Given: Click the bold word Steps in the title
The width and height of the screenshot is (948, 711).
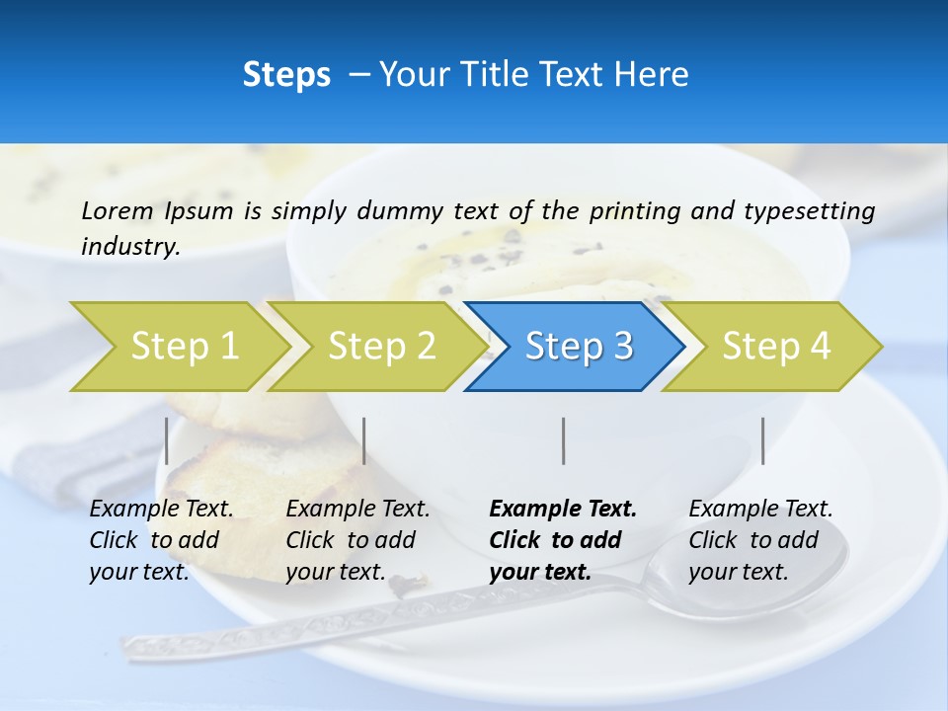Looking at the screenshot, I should pyautogui.click(x=286, y=75).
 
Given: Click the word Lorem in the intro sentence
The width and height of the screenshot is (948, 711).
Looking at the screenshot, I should pyautogui.click(x=118, y=210).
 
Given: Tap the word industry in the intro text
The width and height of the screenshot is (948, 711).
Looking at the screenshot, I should pyautogui.click(x=129, y=247).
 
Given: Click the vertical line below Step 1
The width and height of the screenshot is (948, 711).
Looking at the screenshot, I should pyautogui.click(x=167, y=440).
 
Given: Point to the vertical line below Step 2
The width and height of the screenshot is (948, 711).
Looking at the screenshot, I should pyautogui.click(x=364, y=440).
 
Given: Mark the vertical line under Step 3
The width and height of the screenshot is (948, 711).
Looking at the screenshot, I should pyautogui.click(x=564, y=440).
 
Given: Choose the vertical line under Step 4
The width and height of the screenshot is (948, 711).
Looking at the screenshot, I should pyautogui.click(x=762, y=440).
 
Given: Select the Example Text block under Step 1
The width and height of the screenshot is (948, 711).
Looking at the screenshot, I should pyautogui.click(x=161, y=540).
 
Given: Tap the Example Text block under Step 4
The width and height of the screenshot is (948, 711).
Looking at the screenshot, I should pyautogui.click(x=760, y=540).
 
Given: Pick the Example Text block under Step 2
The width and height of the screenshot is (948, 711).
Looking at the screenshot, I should pyautogui.click(x=357, y=540).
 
